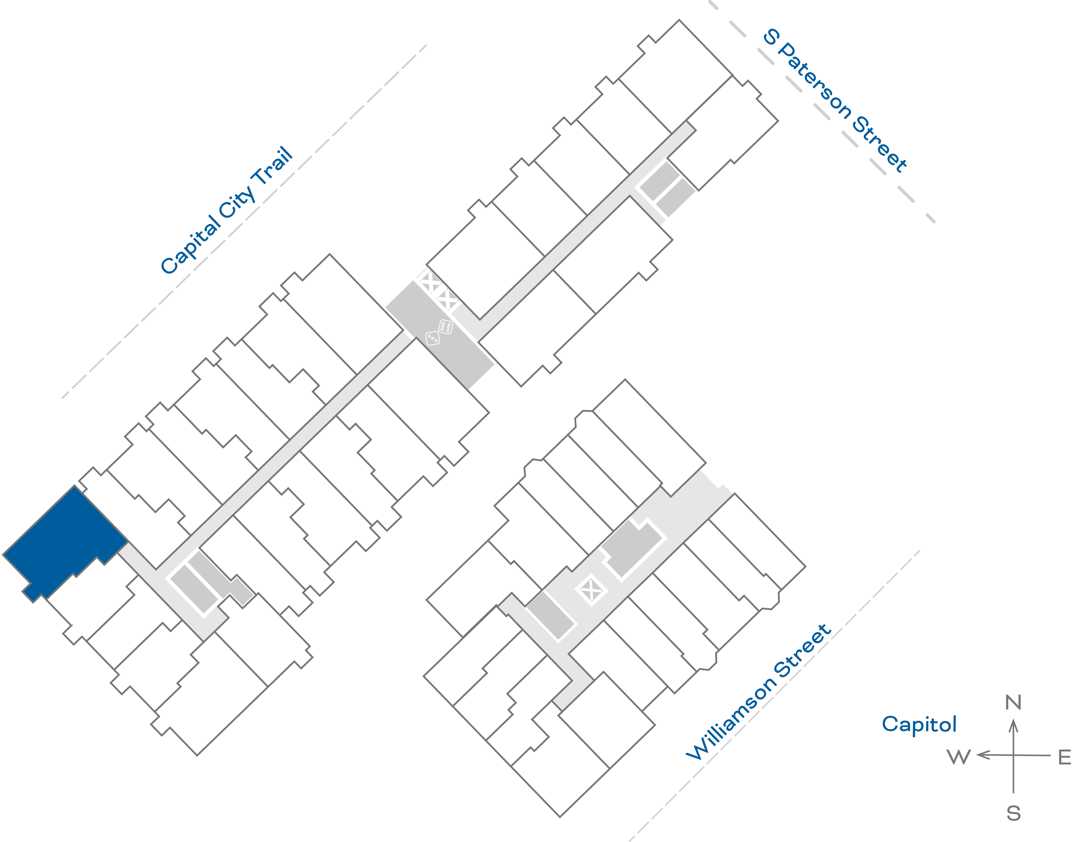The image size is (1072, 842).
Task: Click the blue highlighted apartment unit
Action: pos(64,542)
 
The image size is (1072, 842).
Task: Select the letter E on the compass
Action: pos(1065,757)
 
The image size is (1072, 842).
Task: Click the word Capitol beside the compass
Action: pos(919,725)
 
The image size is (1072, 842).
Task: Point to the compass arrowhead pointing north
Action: pos(1013,725)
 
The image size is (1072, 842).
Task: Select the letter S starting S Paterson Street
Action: pos(771,37)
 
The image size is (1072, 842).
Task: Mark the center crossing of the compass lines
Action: pos(1013,755)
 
